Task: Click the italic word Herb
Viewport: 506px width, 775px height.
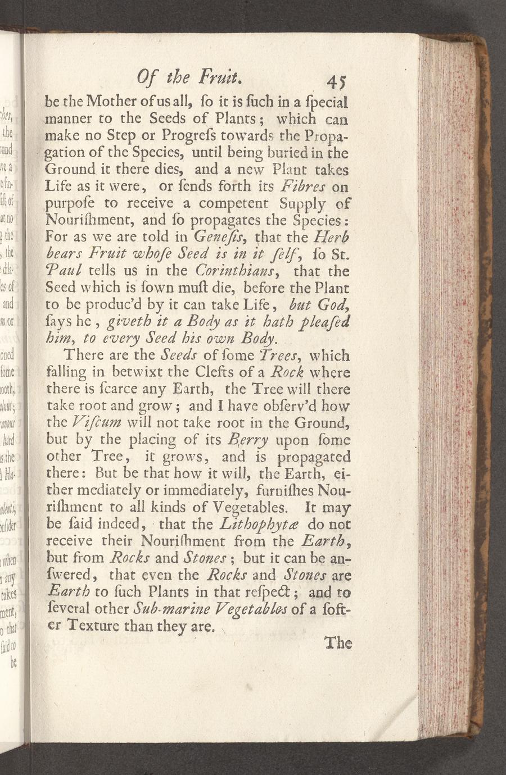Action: click(333, 237)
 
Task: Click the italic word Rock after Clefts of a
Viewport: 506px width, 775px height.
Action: click(288, 372)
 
